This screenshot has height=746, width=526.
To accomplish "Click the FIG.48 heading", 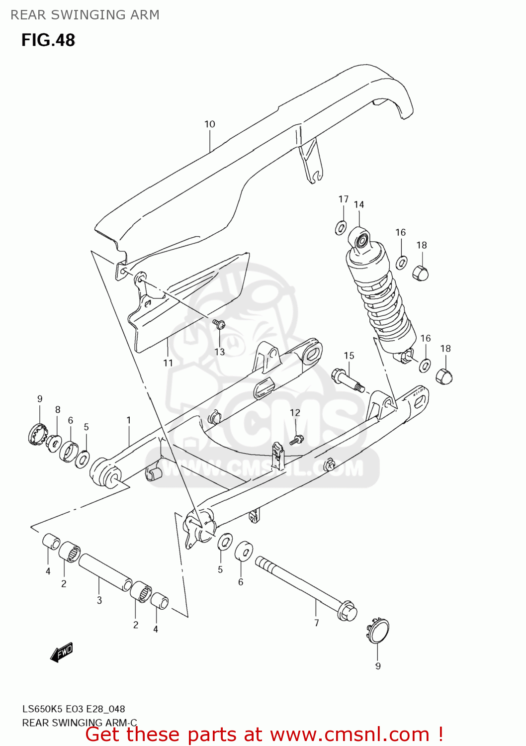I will point(48,40).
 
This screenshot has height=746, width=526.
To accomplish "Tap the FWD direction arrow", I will point(62,652).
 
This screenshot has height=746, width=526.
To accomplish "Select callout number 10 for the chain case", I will point(210,124).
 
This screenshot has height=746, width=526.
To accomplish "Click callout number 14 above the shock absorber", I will point(359,204).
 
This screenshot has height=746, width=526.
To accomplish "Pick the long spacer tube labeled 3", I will point(105,572).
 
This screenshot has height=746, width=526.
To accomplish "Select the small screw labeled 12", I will point(297,440).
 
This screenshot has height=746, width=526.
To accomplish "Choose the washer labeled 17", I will point(341,228).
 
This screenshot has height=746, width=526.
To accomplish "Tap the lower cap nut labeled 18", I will point(444,376).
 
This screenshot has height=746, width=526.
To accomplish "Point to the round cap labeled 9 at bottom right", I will point(378,631).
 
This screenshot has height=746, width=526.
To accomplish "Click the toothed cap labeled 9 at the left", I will point(37,433).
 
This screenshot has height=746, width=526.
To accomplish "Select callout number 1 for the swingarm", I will point(129,420).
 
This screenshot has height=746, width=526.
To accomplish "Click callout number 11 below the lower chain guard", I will point(168,363).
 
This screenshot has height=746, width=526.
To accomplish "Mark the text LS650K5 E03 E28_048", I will point(74,709).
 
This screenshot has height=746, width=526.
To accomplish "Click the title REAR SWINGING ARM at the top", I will point(85,15).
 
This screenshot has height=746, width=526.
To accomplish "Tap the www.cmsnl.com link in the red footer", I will point(350,735).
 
